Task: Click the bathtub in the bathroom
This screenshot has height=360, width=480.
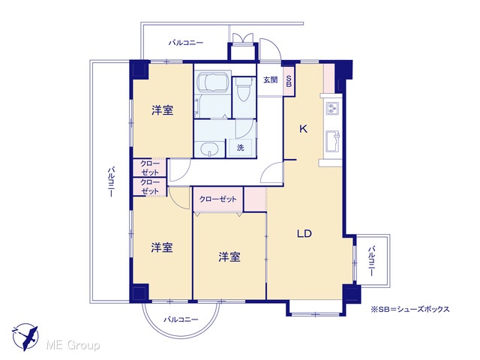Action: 213,82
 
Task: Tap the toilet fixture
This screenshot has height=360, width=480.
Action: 244,88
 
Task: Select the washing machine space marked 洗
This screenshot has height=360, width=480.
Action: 241,148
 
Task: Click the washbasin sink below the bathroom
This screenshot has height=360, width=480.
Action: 210,150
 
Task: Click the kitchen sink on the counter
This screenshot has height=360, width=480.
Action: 333,141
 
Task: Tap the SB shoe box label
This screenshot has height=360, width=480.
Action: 289,80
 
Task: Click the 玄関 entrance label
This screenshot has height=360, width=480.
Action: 271,80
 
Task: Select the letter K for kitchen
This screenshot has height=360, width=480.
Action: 303,129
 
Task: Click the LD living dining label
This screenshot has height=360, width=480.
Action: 304,234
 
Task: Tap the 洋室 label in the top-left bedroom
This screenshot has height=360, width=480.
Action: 162,110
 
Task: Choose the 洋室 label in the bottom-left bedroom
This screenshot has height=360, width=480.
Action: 162,247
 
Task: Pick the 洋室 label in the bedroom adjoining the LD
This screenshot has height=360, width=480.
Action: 229,256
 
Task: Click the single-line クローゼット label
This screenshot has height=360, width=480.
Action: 218,199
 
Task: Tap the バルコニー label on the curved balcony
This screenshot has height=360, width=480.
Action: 181,319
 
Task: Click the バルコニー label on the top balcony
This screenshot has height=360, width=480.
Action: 186,43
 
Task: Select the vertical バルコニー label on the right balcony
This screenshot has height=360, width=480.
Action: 372,261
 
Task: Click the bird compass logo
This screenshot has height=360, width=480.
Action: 25,337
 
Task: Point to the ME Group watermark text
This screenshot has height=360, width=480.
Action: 73,345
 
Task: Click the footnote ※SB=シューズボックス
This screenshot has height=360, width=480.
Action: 410,309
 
